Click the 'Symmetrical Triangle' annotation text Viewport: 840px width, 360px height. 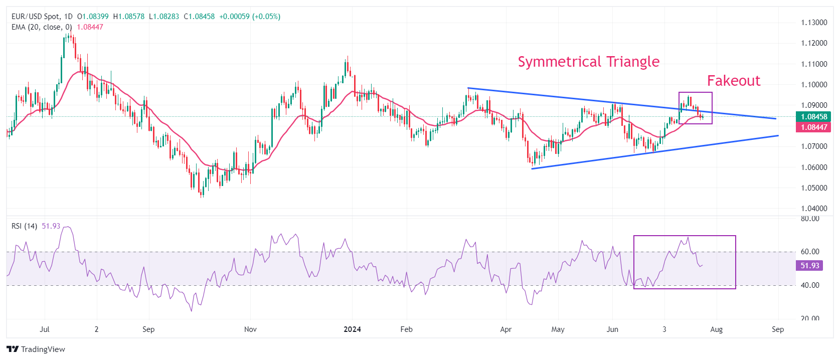pos(588,62)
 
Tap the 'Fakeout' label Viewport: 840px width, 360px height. pos(733,81)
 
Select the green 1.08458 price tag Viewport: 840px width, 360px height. pos(813,117)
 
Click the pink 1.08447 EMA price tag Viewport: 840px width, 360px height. pos(813,127)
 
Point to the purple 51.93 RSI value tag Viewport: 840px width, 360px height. pos(809,266)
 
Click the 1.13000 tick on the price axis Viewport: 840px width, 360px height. pos(814,23)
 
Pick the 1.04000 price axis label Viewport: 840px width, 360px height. pos(814,209)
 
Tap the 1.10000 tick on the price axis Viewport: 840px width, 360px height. pos(814,85)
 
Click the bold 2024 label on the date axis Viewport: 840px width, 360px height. pos(352,329)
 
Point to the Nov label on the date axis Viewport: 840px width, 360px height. pos(250,329)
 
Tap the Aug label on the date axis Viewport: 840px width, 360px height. pos(716,329)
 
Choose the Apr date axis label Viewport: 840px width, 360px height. pos(506,329)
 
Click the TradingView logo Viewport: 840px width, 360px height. pos(36,349)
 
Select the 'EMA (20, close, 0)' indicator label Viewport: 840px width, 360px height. pos(42,27)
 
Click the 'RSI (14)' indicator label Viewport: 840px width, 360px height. pos(24,226)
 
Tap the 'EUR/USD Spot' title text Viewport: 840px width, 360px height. pos(35,17)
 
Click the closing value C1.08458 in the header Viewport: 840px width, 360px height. pos(199,17)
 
